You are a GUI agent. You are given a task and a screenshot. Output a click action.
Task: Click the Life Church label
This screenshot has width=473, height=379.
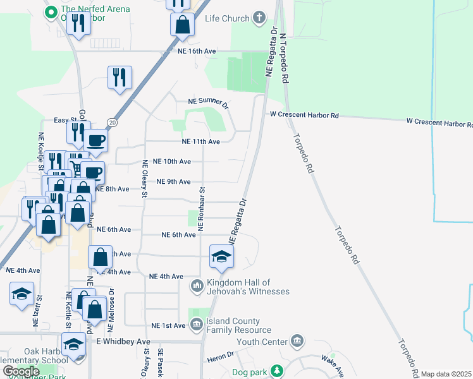227,18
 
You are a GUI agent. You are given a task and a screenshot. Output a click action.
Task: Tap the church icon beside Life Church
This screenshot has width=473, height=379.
259,18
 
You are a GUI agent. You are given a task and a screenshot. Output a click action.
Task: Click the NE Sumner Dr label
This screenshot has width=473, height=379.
208,102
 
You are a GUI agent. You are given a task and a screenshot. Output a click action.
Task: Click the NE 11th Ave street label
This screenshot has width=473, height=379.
200,142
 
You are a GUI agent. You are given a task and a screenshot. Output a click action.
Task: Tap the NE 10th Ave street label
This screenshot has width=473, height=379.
172,162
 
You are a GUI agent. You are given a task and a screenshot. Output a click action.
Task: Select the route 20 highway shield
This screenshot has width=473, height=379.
111,122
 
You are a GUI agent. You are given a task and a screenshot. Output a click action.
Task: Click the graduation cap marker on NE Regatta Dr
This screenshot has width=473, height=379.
221,256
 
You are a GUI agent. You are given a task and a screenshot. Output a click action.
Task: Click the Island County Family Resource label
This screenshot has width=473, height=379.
237,325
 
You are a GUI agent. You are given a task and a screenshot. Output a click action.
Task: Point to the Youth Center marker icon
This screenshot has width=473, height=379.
297,343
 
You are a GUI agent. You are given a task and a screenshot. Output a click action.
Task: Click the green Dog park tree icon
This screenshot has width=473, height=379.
276,371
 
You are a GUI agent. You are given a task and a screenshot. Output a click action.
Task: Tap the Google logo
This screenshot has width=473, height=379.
21,372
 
